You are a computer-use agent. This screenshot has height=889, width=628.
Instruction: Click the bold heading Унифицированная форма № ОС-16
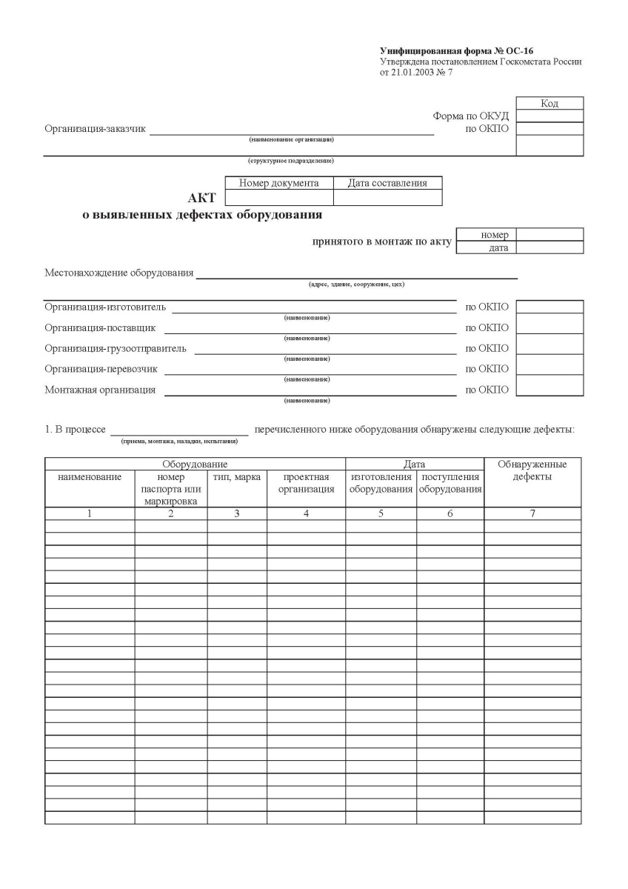(456, 51)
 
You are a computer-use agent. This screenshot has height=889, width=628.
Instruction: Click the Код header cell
(549, 104)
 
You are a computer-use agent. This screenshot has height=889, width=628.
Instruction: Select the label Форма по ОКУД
(471, 116)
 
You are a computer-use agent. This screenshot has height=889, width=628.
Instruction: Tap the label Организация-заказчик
(95, 130)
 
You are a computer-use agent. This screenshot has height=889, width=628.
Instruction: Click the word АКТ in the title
(202, 198)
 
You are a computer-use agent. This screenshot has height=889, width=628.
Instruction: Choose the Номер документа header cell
(278, 183)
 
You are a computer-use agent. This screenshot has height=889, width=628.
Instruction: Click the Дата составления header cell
(387, 183)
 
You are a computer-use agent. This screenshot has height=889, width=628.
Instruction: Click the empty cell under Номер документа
(278, 198)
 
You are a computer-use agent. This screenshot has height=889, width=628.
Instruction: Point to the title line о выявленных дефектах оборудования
(202, 216)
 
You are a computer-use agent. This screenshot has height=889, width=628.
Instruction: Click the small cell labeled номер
(487, 235)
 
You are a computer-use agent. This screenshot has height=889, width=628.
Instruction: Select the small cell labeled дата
(487, 248)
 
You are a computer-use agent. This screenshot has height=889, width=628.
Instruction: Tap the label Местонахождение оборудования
(118, 273)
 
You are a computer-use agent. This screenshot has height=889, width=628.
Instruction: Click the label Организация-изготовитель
(105, 307)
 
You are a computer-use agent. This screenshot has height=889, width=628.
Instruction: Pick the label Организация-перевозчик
(101, 369)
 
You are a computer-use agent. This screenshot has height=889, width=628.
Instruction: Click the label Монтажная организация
(100, 390)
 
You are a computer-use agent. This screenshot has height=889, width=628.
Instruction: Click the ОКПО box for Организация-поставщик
(549, 327)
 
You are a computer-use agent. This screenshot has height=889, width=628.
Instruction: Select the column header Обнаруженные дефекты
(532, 470)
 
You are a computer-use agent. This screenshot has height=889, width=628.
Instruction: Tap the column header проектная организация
(306, 483)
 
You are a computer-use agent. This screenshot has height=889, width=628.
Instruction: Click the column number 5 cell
(381, 513)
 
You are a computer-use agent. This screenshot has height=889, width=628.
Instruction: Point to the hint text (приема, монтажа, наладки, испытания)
(179, 442)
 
